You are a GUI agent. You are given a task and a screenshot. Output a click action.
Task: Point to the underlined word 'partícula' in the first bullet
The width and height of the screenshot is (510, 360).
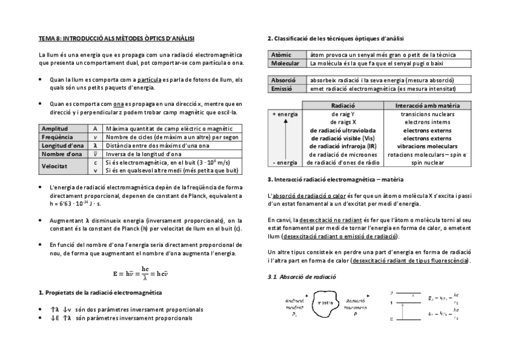(150, 79)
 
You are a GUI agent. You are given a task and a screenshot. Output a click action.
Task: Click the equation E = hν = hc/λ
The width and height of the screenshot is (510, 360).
(140, 273)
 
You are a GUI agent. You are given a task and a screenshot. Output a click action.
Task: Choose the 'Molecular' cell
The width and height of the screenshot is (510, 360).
(286, 63)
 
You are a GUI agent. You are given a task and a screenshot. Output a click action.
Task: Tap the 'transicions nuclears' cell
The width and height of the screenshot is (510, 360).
(428, 114)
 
